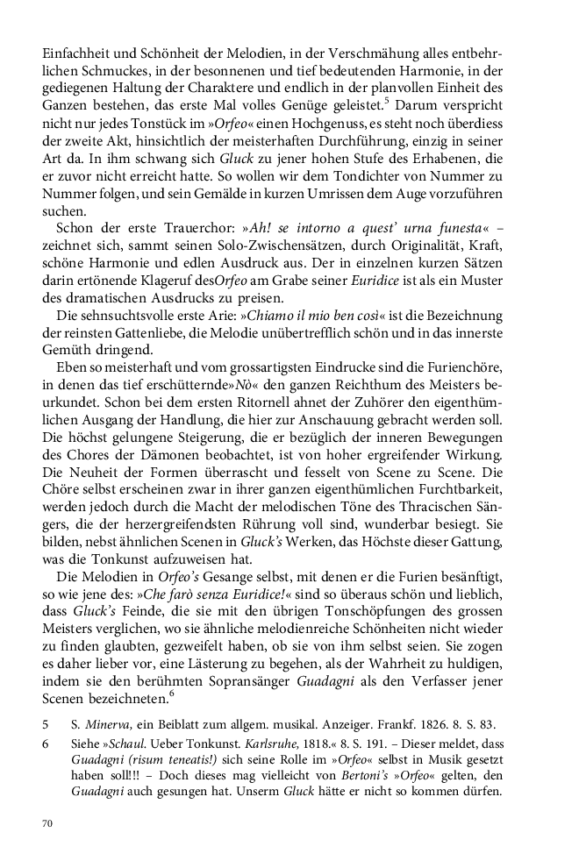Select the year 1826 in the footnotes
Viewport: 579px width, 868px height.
point(428,724)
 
